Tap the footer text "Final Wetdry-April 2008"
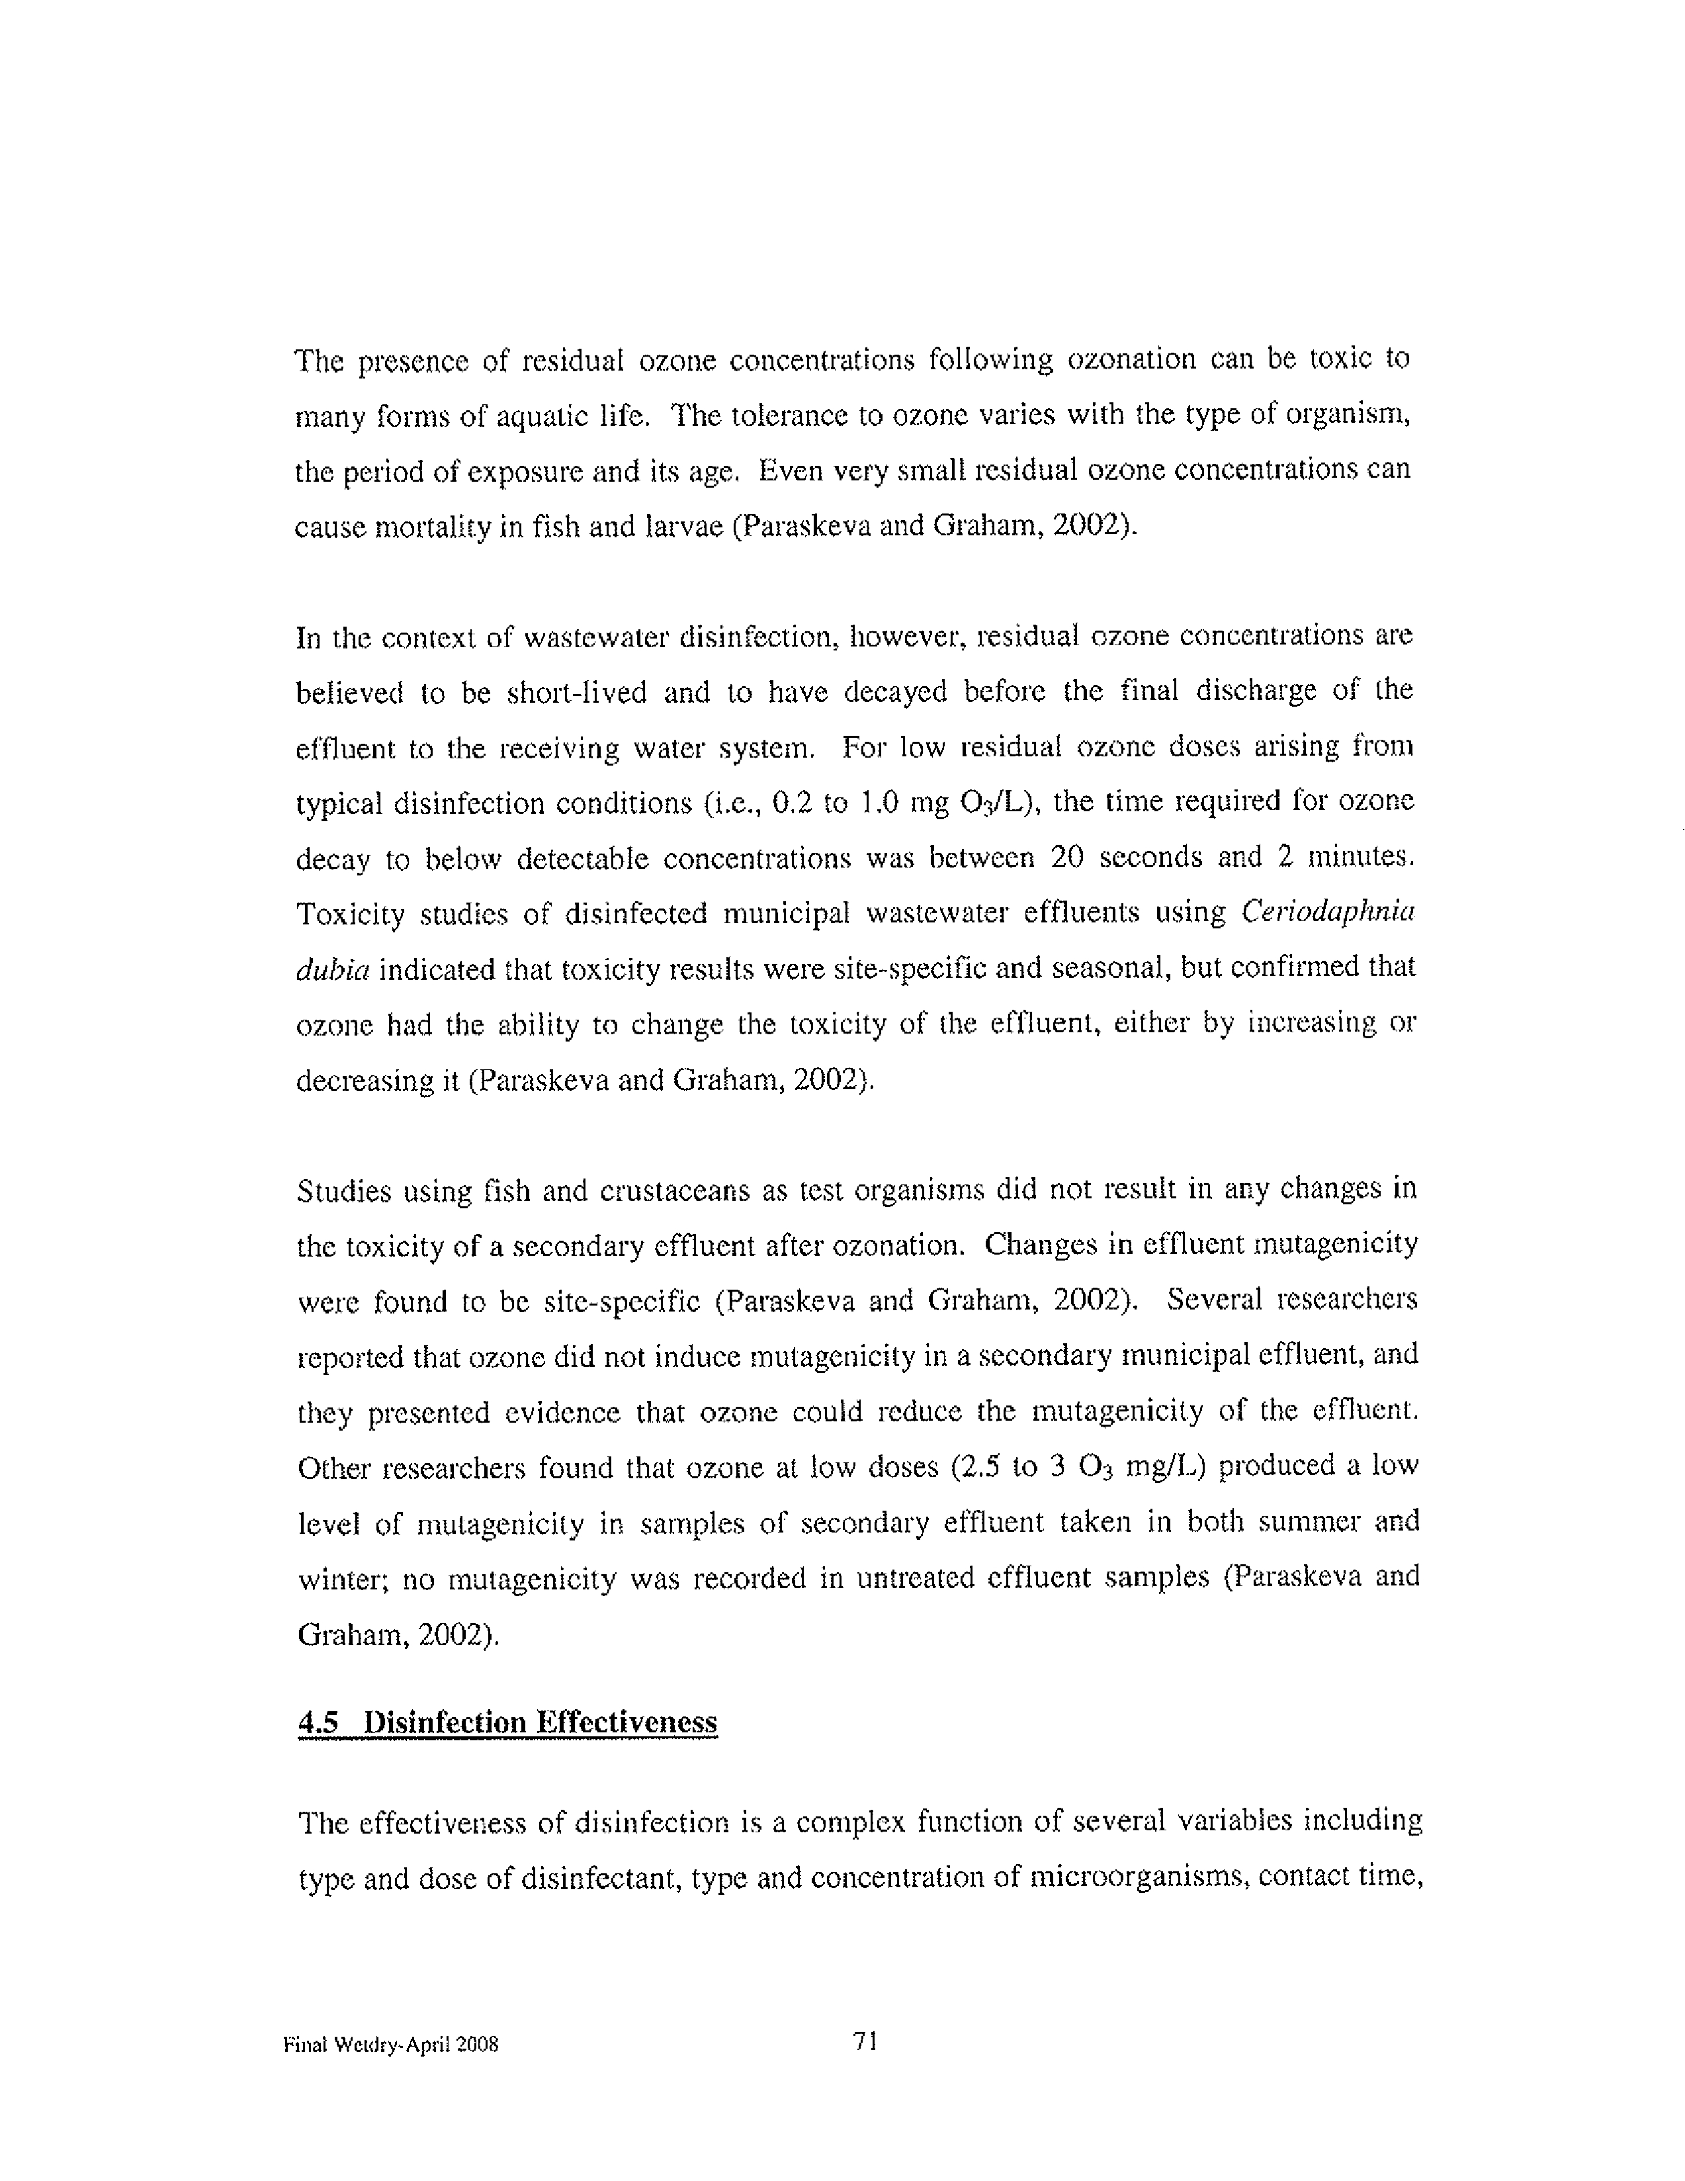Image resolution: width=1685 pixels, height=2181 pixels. tap(390, 2044)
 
